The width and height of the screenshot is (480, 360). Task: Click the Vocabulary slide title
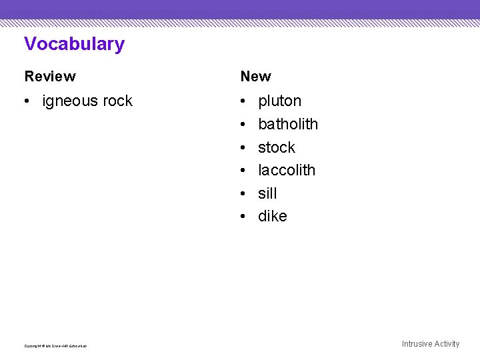74,44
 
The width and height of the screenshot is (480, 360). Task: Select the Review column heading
50,77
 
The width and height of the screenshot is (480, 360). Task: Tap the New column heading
256,77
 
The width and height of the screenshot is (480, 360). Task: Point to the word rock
117,101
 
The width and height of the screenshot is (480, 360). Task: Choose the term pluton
279,101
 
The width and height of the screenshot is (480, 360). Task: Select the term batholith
288,124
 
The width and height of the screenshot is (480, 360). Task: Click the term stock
276,147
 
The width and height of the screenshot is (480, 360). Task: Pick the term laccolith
287,170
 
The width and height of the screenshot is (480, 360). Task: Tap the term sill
267,193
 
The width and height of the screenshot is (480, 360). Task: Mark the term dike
272,216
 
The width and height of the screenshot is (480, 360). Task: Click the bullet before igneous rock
29,102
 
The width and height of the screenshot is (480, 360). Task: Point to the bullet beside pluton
245,102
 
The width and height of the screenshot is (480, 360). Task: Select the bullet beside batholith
245,125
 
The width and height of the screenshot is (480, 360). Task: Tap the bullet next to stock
245,148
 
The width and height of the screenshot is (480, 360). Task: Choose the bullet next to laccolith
245,171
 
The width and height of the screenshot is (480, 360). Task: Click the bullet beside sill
245,194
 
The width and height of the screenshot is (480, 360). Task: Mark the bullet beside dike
245,217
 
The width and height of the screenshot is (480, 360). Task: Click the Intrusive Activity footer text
430,344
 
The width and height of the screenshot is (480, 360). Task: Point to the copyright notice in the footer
55,345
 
